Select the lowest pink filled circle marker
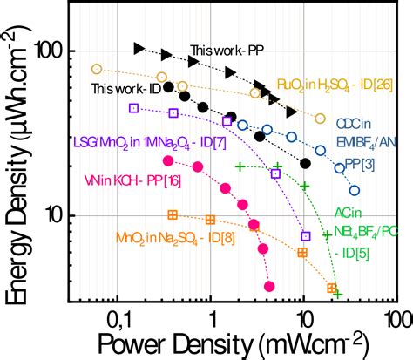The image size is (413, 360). click(x=269, y=286)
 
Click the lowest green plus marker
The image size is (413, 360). click(x=337, y=294)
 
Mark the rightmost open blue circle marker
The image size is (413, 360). click(x=355, y=190)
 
